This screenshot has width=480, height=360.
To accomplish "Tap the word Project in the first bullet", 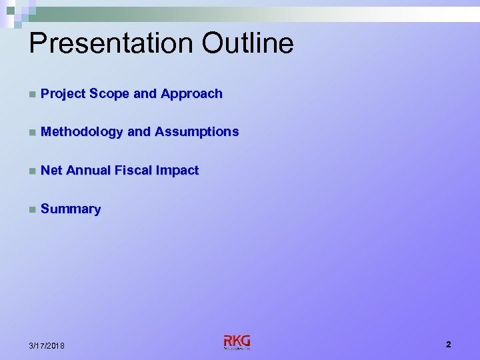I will click(x=63, y=94).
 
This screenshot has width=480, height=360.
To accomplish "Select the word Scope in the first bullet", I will click(x=109, y=94).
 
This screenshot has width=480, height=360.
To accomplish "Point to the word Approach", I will click(x=191, y=94).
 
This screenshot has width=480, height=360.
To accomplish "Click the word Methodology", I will click(x=82, y=132).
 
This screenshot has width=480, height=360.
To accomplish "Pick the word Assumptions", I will click(x=197, y=132).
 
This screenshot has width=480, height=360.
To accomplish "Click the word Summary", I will click(x=71, y=209).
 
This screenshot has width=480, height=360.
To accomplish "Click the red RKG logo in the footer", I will click(x=237, y=341).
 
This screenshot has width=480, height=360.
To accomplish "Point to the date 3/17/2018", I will click(x=47, y=345).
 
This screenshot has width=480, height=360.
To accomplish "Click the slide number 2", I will click(x=449, y=345).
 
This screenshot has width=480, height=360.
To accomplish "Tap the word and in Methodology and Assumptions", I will click(x=139, y=132).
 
